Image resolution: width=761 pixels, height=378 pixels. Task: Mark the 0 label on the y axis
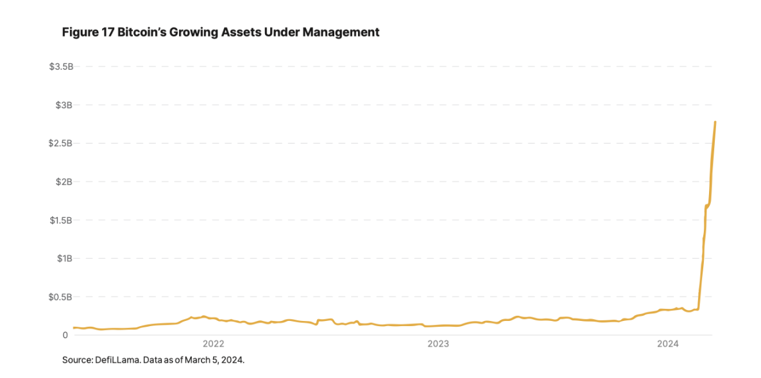click(x=65, y=335)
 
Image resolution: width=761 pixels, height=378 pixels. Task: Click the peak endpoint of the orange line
click(x=715, y=122)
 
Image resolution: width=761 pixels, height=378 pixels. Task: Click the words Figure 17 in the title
click(x=87, y=32)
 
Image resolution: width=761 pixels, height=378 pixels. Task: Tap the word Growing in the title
click(x=194, y=32)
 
